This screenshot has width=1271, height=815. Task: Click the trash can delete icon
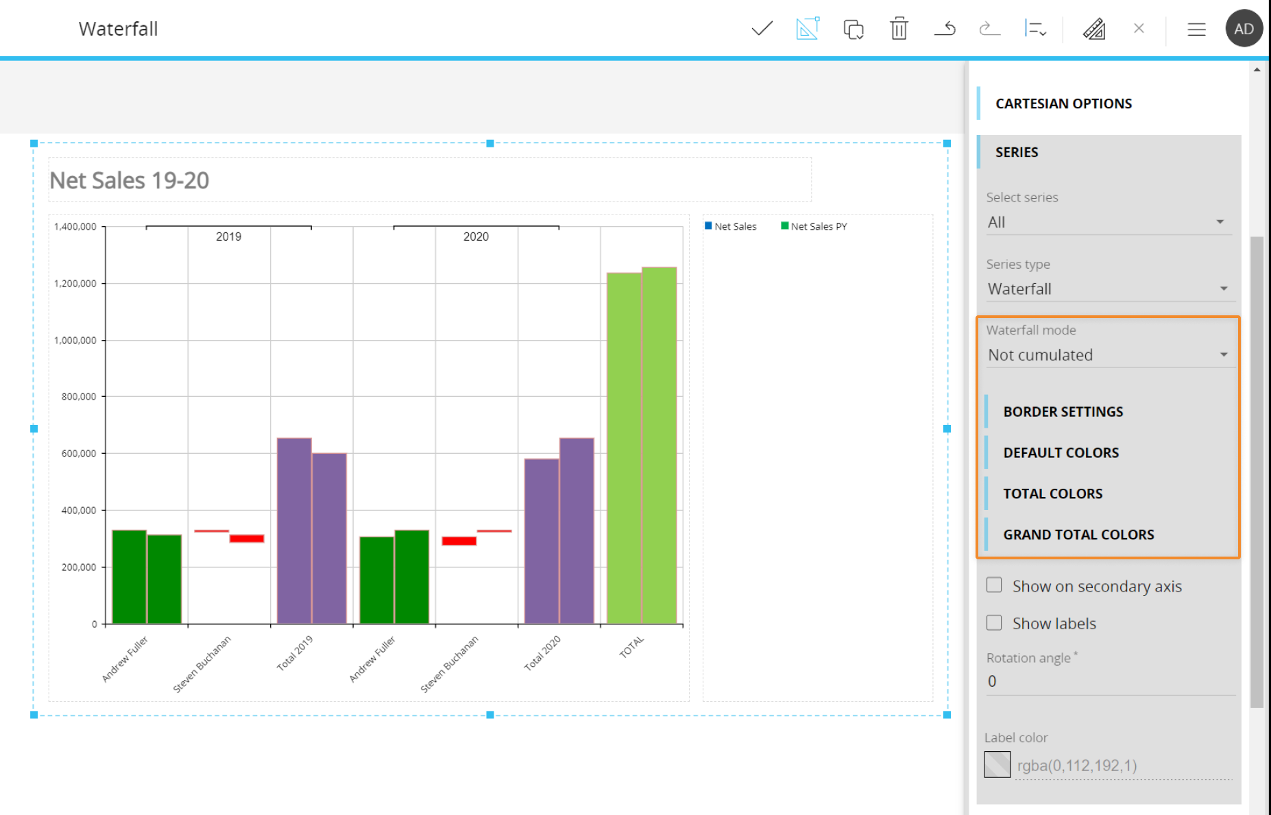[899, 29]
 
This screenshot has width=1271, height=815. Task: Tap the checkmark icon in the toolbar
[762, 29]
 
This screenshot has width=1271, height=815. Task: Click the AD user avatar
[1244, 29]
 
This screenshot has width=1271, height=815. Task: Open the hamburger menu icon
[1196, 29]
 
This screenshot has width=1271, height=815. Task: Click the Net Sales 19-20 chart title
[130, 180]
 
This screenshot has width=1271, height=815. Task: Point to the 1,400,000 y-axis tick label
[75, 227]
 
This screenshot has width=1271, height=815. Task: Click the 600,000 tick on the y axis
[79, 454]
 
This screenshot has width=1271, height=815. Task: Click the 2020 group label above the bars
[476, 236]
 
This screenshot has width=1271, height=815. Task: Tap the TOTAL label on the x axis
[631, 646]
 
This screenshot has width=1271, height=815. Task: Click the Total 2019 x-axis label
[295, 653]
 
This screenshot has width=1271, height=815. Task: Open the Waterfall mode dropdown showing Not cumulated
[1106, 355]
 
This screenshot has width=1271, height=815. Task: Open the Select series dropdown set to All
[1106, 222]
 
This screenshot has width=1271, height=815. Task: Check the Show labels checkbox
[994, 623]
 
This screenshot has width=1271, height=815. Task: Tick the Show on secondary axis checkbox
[994, 585]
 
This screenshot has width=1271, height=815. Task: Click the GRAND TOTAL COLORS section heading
[1078, 535]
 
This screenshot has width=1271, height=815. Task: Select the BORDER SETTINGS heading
[1063, 412]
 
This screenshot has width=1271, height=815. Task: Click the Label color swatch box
[997, 765]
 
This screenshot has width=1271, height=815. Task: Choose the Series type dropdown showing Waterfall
[1106, 289]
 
